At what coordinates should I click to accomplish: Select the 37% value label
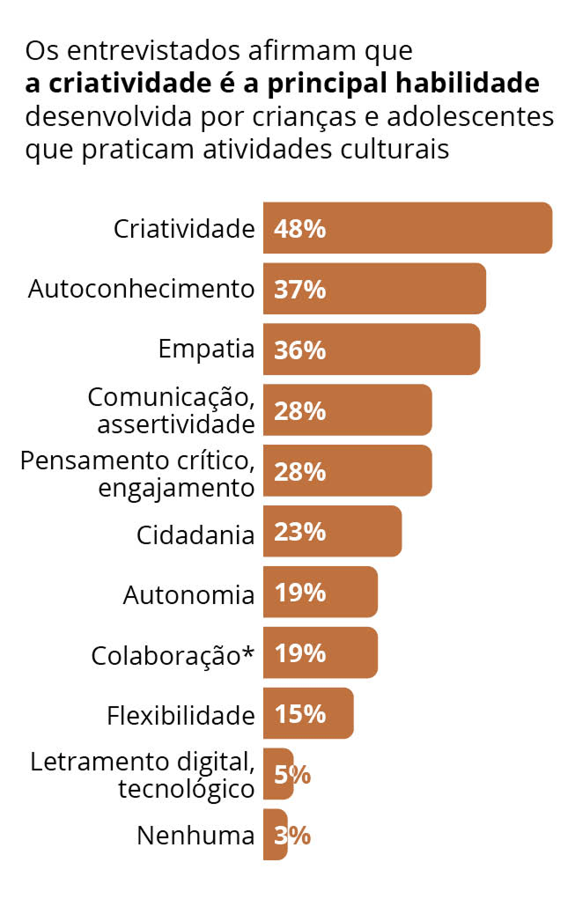(x=300, y=290)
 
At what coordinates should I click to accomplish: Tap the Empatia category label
(x=206, y=350)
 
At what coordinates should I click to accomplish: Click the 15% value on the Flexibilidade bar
(x=300, y=714)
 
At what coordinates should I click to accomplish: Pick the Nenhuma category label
(x=195, y=836)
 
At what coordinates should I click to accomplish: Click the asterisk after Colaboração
(x=248, y=652)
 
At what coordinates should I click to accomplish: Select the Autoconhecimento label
(x=141, y=289)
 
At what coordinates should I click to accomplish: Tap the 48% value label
(x=300, y=229)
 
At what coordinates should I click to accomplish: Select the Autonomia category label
(x=188, y=595)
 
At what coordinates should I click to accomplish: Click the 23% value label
(x=300, y=532)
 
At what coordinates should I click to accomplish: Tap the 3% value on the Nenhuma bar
(x=292, y=836)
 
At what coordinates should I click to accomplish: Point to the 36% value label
(x=300, y=350)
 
